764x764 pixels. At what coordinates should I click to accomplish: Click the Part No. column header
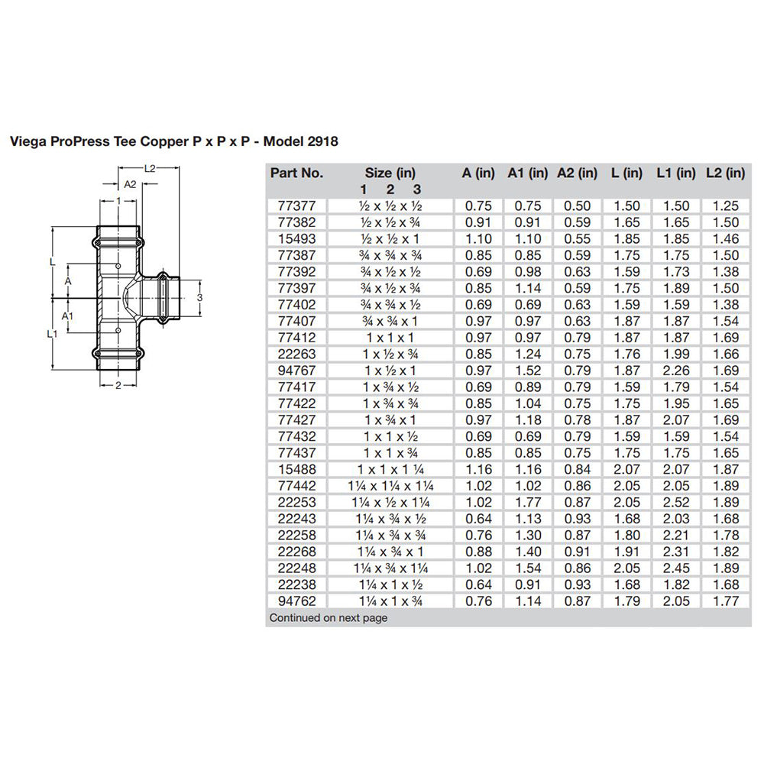pos(297,173)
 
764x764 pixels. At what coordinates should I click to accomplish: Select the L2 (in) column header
pos(725,173)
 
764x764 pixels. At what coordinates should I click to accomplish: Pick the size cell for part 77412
pos(390,338)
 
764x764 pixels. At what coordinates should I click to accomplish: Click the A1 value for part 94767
pos(528,371)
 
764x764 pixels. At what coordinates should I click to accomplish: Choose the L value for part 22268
pos(627,552)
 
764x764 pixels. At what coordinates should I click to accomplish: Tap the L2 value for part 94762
pos(725,601)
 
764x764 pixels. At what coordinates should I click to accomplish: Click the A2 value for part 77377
pos(578,206)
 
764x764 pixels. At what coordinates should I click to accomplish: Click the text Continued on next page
pos(329,618)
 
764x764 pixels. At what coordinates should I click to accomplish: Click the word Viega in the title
pos(24,141)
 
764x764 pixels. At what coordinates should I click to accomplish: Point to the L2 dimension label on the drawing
pos(150,168)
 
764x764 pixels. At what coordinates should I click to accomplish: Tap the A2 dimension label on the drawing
pos(130,184)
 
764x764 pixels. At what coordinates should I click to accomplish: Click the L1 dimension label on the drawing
pos(51,334)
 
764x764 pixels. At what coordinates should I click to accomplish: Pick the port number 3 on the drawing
pos(199,296)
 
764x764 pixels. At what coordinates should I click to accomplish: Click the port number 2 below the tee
pos(118,385)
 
